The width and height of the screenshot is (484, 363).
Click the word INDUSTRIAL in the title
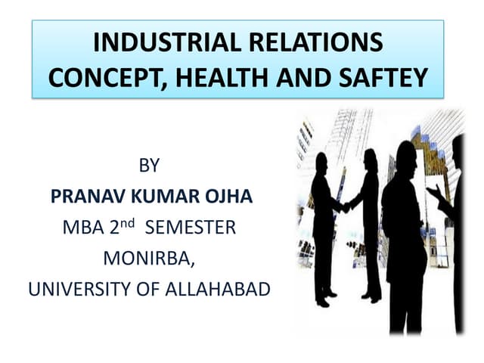click(x=167, y=42)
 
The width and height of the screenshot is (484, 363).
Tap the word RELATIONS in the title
click(x=316, y=42)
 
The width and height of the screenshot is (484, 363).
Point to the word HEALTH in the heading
click(x=222, y=77)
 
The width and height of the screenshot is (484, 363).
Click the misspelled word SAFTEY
click(x=383, y=77)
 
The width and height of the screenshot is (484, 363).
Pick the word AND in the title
click(x=303, y=77)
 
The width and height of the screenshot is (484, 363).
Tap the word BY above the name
click(x=149, y=165)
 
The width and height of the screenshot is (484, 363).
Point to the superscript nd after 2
click(x=128, y=223)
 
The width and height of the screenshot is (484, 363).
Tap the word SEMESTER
click(x=191, y=228)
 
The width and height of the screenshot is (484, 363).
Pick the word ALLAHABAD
click(x=218, y=289)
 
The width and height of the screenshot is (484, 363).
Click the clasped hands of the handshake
click(x=346, y=207)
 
